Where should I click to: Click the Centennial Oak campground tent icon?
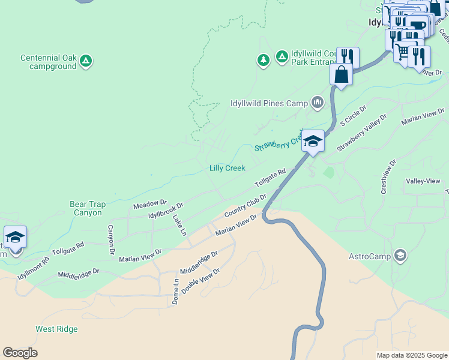tap(86, 60)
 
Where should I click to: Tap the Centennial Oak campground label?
tap(48, 62)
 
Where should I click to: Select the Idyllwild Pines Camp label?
tap(269, 103)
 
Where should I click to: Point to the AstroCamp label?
tap(369, 257)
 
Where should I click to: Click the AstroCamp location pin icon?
tap(400, 256)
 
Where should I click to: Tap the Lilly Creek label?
tap(227, 168)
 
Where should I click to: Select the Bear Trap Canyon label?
tap(88, 208)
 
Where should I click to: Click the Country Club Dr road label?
tap(245, 206)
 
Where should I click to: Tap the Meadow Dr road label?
tap(149, 205)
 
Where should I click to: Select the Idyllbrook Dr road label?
tap(166, 213)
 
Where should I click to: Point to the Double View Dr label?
tap(200, 280)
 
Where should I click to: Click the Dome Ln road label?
tap(175, 292)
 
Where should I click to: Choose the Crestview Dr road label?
tap(387, 176)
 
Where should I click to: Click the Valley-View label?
tap(423, 181)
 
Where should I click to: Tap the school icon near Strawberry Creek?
tap(313, 141)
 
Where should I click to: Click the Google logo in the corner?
tap(20, 353)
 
